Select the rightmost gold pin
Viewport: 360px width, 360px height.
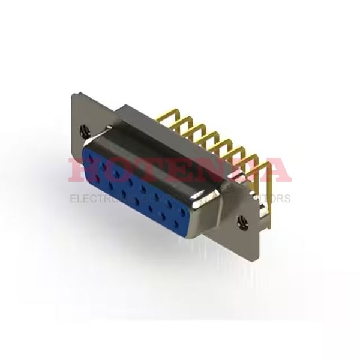[264, 180]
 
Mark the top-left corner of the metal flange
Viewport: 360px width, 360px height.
[74, 95]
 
